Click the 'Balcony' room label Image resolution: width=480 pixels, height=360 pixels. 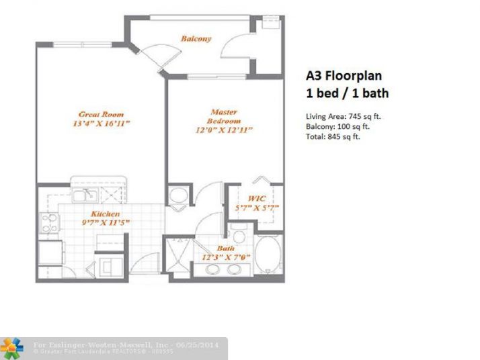196,38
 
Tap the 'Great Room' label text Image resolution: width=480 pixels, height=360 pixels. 101,114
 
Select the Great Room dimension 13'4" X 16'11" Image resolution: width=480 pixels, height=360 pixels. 101,124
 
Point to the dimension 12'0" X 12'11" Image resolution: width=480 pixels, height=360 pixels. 225,130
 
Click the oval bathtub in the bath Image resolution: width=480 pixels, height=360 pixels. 271,255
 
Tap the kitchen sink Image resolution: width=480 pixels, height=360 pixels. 85,195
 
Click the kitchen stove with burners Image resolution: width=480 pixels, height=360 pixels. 48,222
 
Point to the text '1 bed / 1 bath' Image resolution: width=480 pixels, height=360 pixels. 347,93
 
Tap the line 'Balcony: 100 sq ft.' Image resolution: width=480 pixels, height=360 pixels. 337,126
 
